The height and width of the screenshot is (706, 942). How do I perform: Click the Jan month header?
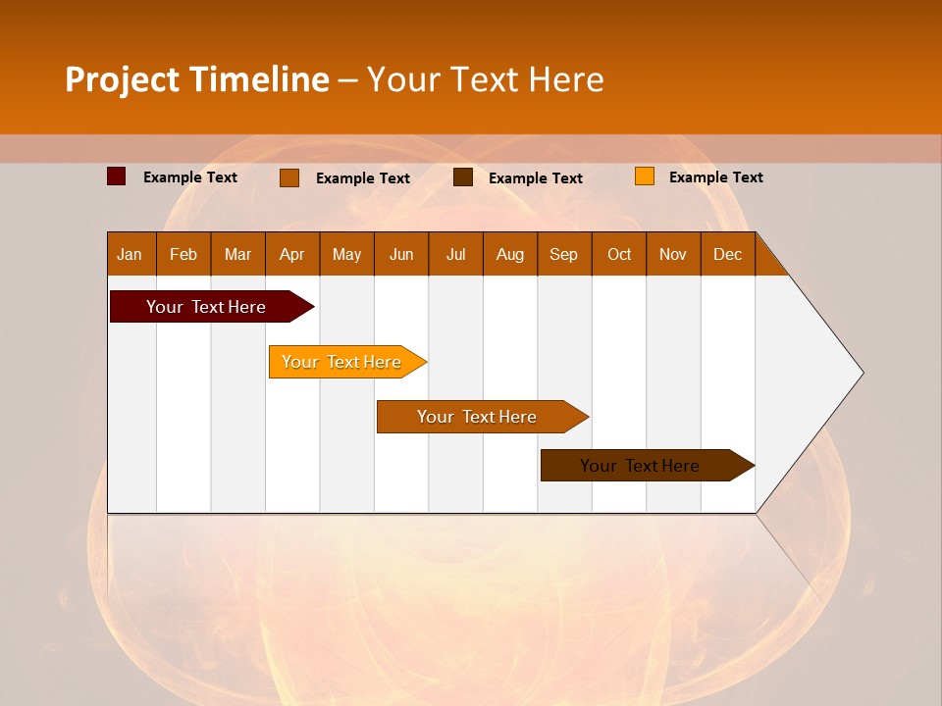(x=130, y=254)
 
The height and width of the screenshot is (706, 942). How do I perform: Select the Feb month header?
(x=183, y=254)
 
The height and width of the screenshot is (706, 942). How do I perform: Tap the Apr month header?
(x=291, y=254)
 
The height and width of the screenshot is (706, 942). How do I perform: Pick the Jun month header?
(x=401, y=254)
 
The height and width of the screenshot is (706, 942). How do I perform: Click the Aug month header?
(x=509, y=254)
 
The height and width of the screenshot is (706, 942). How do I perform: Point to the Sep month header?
(x=563, y=254)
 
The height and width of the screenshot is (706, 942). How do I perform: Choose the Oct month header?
(x=619, y=254)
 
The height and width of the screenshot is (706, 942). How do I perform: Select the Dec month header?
(x=727, y=254)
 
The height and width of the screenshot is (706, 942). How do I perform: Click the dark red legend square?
(x=116, y=176)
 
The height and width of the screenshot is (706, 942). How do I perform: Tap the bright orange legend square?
(x=644, y=176)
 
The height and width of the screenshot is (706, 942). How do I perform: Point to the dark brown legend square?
(x=463, y=177)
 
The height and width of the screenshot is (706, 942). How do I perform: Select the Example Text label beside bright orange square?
(x=715, y=176)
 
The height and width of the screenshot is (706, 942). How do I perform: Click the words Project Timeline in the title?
(x=196, y=79)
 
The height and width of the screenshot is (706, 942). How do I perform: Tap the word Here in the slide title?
(x=566, y=79)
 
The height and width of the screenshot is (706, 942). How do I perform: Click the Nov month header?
(x=672, y=254)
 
